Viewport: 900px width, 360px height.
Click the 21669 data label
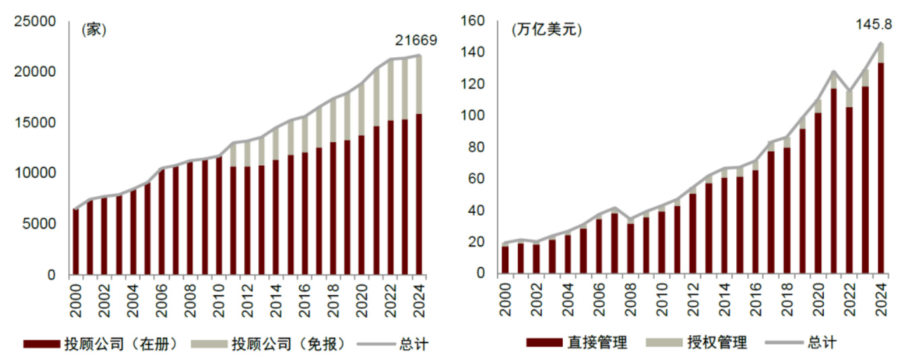(416, 40)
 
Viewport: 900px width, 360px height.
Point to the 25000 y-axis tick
(35, 22)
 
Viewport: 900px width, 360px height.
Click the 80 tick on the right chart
(477, 148)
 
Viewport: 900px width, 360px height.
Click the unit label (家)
(94, 30)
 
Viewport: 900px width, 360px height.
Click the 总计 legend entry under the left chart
(413, 344)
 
